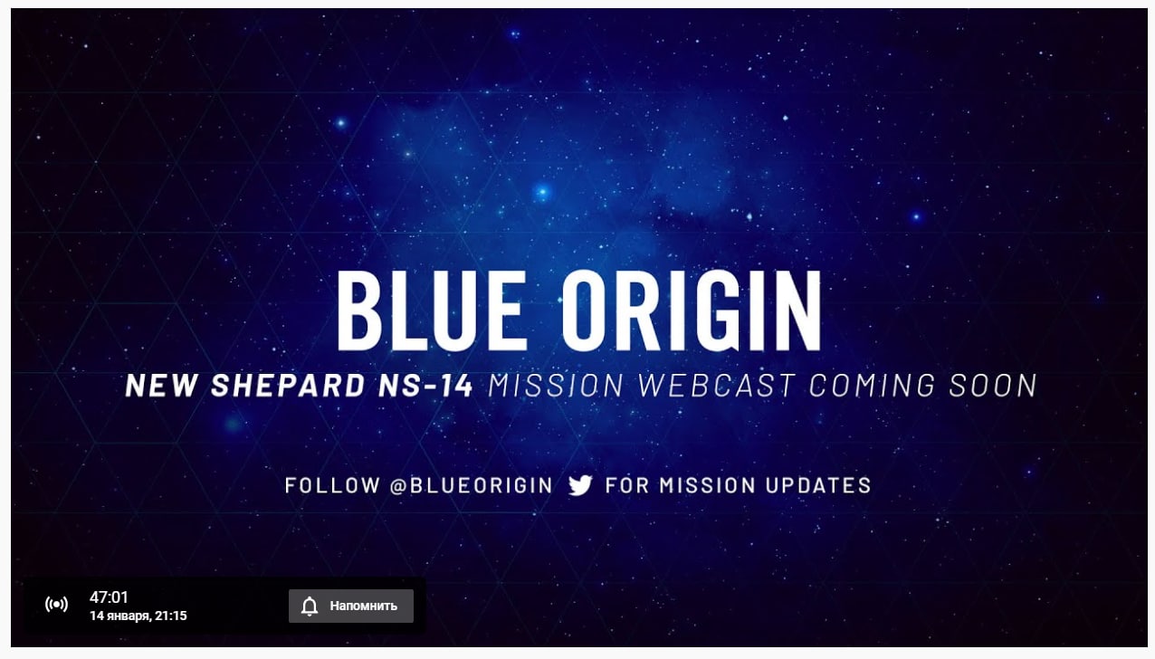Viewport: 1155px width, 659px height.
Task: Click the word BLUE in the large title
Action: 432,310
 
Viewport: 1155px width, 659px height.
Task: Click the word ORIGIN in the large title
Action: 692,310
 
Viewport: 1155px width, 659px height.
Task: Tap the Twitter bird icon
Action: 580,485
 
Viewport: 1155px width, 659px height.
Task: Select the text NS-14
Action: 425,386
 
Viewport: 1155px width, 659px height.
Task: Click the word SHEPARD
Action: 288,386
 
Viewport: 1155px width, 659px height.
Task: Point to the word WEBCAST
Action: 716,386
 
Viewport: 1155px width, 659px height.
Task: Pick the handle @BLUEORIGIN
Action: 472,485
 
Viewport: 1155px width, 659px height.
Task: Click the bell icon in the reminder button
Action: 310,606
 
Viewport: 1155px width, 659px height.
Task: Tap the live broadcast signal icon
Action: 56,604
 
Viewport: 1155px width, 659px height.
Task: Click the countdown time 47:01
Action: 109,597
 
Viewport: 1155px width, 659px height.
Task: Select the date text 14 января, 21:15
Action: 138,616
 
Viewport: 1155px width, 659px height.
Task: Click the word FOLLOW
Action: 332,485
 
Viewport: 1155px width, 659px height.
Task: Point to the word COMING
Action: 872,386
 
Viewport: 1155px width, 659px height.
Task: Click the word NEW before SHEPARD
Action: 161,386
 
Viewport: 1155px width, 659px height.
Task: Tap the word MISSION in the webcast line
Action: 556,386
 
